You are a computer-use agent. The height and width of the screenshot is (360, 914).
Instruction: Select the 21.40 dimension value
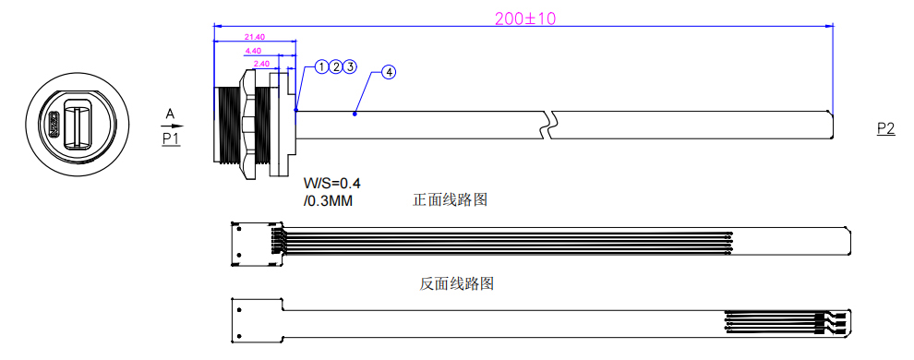point(255,37)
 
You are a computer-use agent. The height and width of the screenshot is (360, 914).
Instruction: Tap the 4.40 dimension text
point(255,50)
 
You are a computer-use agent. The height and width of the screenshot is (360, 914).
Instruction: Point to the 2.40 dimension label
point(262,64)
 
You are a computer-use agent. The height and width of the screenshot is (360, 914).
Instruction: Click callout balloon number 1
point(321,66)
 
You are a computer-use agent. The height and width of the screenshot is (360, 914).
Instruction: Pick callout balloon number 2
point(336,66)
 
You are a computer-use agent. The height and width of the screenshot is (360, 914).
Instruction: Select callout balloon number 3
point(350,66)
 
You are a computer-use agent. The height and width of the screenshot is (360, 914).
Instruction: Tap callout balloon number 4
point(389,72)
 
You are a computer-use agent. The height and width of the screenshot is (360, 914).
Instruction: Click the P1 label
point(171,138)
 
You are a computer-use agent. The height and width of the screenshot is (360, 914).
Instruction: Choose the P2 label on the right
point(885,129)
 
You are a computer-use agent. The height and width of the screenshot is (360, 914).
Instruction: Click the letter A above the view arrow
point(170,114)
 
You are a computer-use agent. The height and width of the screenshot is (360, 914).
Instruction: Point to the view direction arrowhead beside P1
point(179,126)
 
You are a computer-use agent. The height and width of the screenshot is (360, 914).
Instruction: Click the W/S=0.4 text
point(332,183)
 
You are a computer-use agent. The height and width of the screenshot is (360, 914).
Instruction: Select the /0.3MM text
point(328,199)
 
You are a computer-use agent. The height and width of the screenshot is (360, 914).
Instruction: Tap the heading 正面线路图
point(450,199)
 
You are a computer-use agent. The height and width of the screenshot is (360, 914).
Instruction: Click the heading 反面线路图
point(457,283)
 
